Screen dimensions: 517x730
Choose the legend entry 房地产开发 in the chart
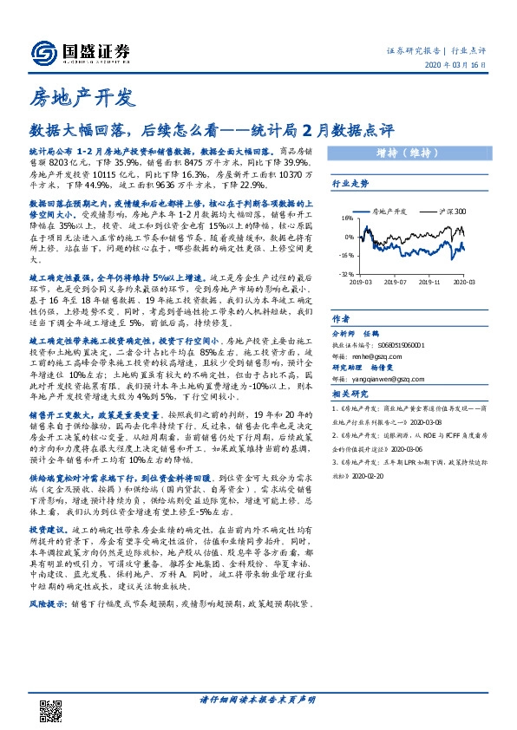[389, 211]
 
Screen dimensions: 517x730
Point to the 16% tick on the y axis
[348, 218]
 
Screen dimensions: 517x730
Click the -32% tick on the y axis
[346, 275]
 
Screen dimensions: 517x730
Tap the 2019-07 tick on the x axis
[396, 282]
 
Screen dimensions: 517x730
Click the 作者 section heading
[341, 318]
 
